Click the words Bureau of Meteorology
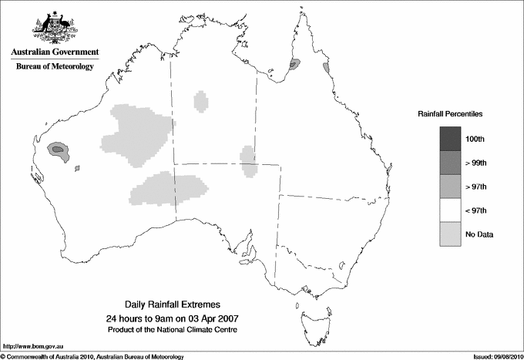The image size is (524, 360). [55, 66]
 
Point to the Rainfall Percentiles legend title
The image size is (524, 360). [450, 114]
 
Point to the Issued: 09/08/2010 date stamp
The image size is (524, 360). [492, 355]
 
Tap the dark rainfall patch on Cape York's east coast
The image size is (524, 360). [294, 66]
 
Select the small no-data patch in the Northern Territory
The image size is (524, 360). [201, 100]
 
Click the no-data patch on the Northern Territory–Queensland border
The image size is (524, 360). [248, 160]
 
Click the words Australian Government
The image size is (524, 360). [55, 52]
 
